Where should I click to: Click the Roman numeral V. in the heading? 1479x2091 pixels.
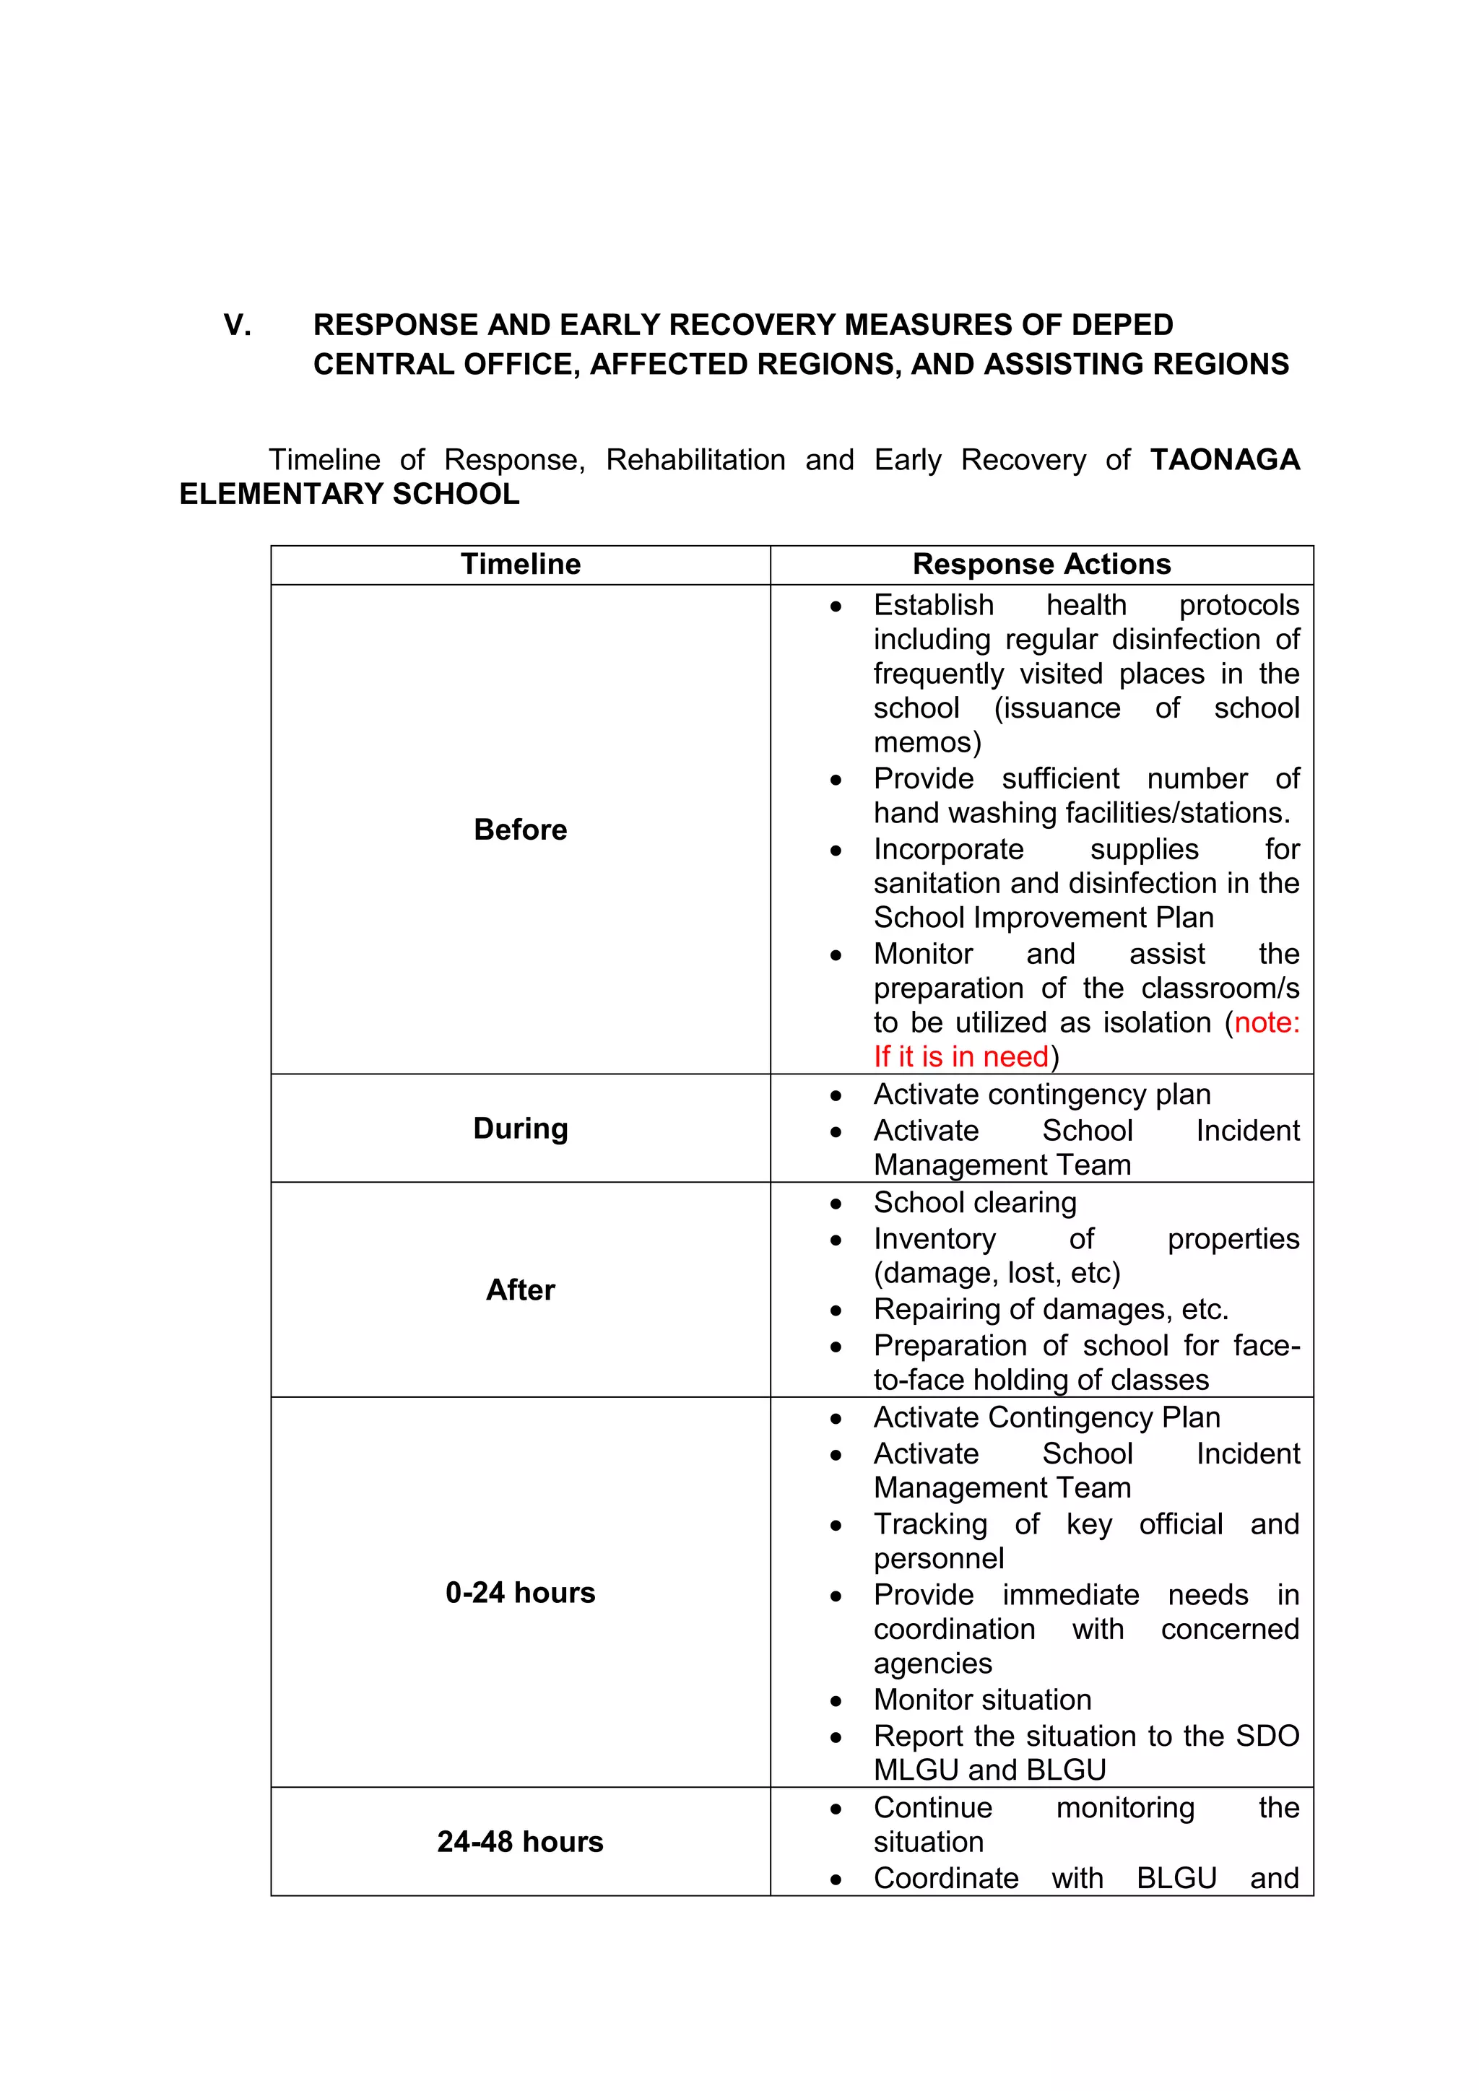[x=238, y=325]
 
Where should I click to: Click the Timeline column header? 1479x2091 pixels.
[x=520, y=565]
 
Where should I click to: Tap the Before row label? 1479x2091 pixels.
[x=520, y=830]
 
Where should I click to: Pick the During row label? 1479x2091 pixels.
[x=520, y=1129]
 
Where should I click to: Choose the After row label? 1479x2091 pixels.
[x=520, y=1290]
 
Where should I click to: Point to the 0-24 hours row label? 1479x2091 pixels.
[x=520, y=1592]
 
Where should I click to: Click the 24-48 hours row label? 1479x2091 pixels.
[x=520, y=1841]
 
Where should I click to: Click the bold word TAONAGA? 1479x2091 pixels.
[x=1224, y=460]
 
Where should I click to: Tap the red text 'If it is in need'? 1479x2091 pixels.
[x=960, y=1056]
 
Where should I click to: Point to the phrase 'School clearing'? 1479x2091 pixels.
[x=974, y=1202]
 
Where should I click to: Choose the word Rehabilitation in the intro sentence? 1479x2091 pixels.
[x=695, y=460]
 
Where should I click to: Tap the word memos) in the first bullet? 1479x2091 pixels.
[x=927, y=742]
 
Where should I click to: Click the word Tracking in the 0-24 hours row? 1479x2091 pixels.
[x=930, y=1523]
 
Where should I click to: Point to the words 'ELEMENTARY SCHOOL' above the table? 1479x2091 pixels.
[x=349, y=494]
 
